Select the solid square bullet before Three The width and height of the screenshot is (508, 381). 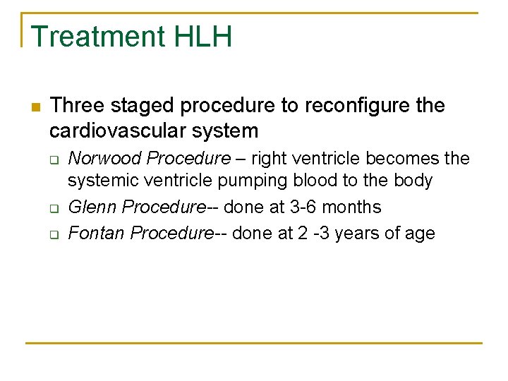click(x=34, y=107)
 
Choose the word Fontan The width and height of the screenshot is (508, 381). click(x=96, y=233)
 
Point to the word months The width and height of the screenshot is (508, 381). click(x=357, y=207)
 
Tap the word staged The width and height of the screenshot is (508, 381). click(x=138, y=107)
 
